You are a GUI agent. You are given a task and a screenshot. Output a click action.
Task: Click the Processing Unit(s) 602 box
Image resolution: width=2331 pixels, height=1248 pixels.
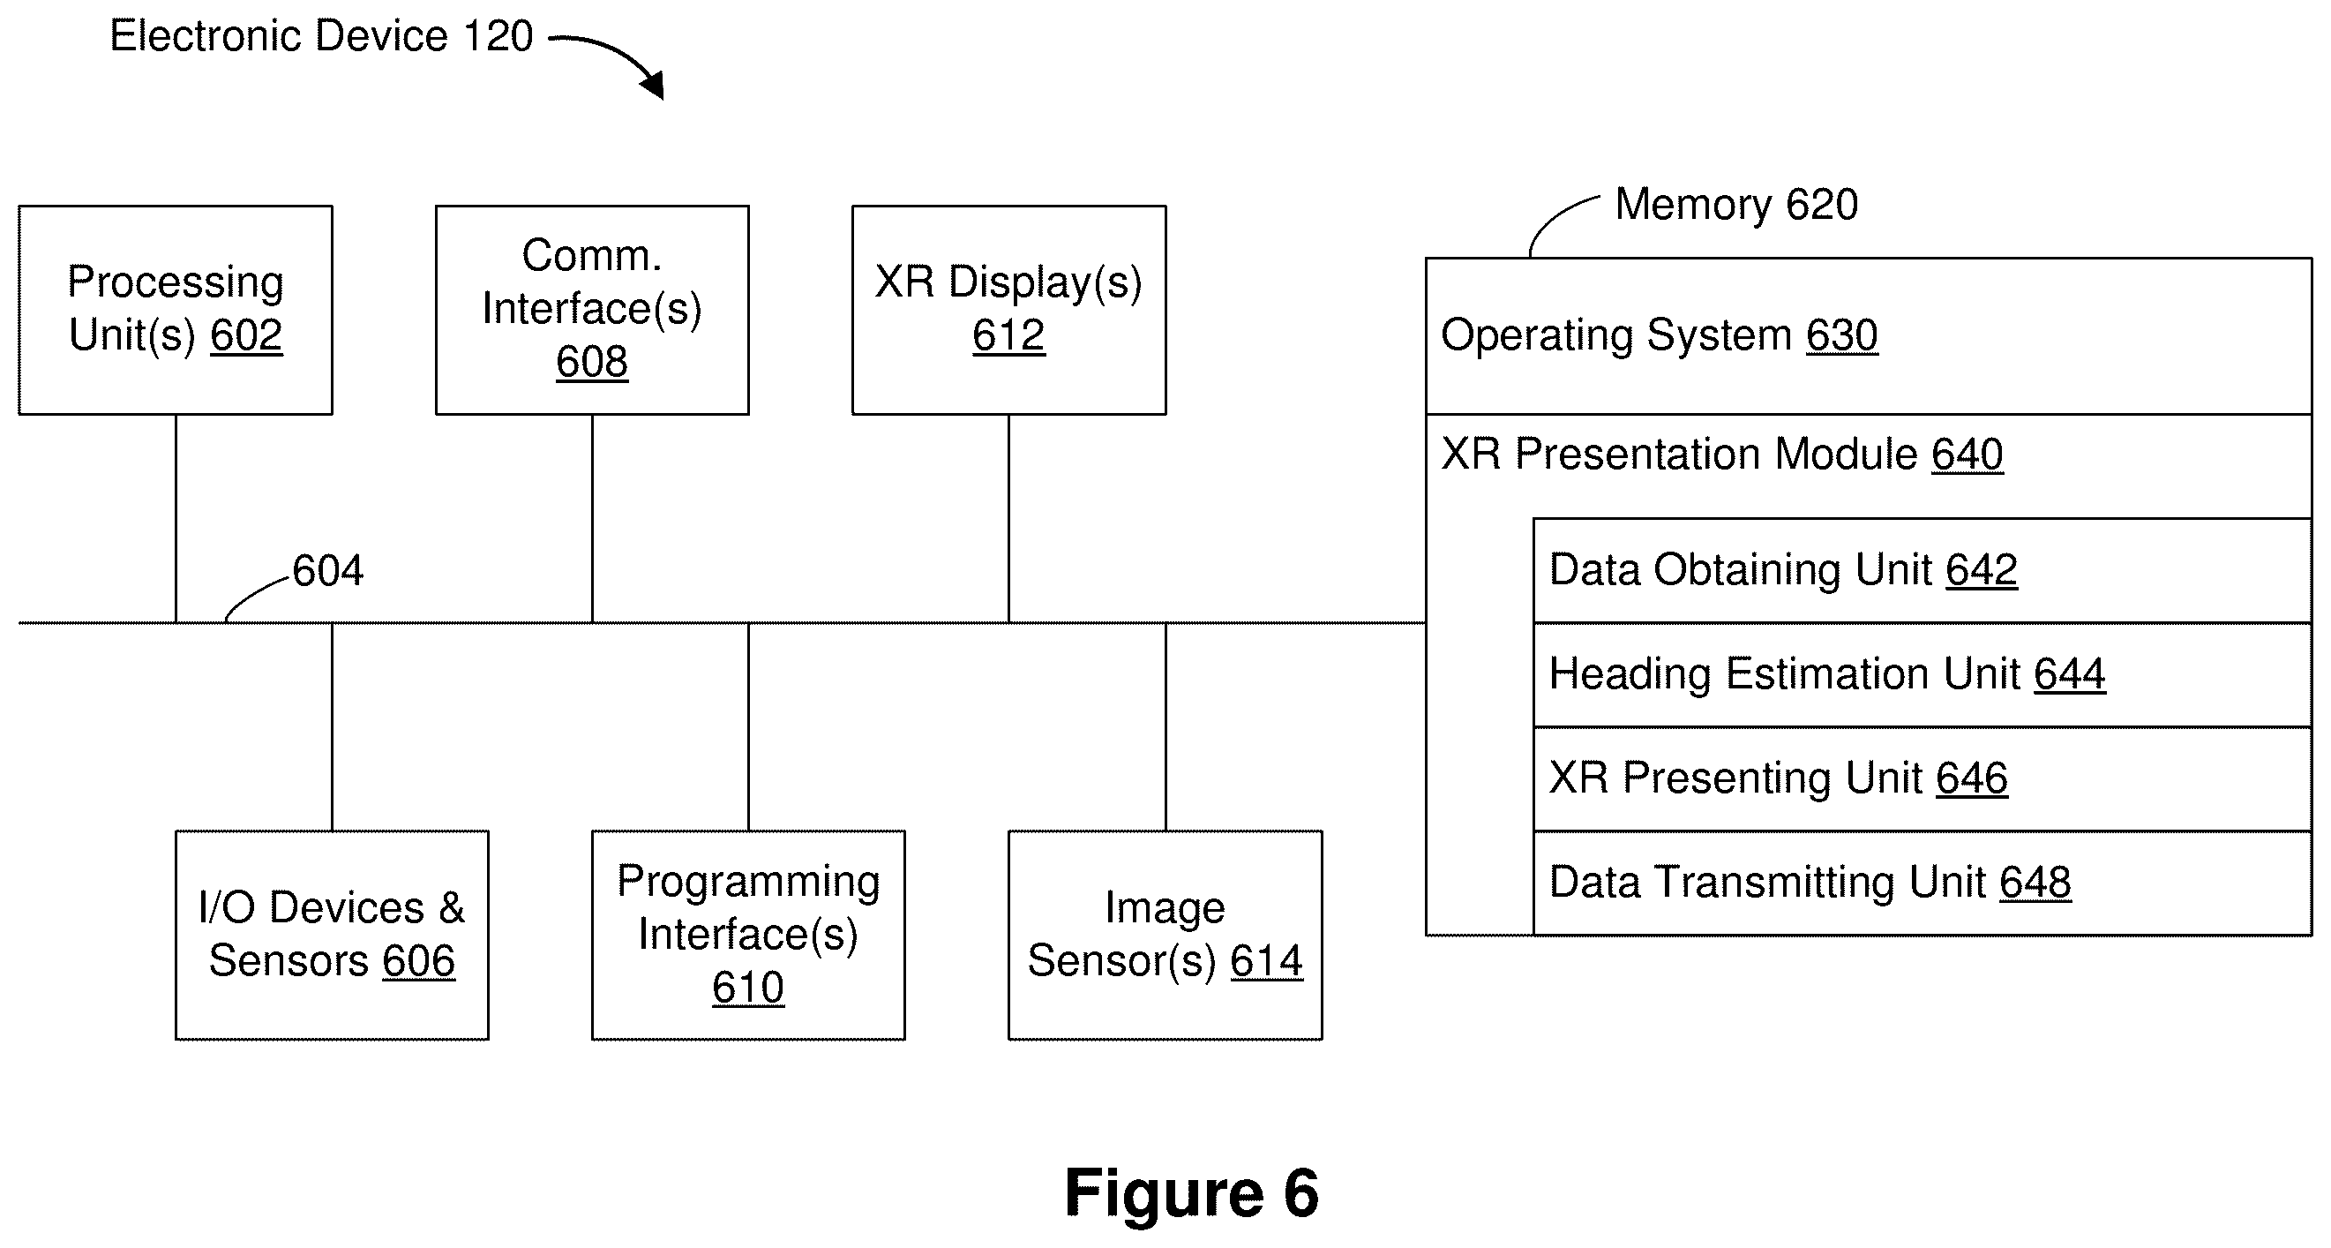pyautogui.click(x=176, y=311)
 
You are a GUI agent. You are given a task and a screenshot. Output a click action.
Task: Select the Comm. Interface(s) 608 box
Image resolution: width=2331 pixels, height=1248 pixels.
pyautogui.click(x=593, y=311)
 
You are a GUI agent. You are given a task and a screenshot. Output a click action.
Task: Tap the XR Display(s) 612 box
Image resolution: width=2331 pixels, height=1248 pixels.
pyautogui.click(x=1009, y=311)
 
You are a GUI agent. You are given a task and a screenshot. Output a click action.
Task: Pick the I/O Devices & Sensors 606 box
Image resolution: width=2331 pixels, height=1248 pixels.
pyautogui.click(x=332, y=935)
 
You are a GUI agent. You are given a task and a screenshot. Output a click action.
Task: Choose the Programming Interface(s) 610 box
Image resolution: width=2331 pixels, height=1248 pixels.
pyautogui.click(x=748, y=935)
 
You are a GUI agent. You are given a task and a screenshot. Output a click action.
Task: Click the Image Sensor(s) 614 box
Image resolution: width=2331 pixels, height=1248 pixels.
pyautogui.click(x=1165, y=935)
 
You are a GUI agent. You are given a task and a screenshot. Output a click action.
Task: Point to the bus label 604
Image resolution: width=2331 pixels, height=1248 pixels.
pyautogui.click(x=327, y=571)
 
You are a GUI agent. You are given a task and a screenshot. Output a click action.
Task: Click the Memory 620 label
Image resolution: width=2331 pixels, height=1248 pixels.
pyautogui.click(x=1736, y=205)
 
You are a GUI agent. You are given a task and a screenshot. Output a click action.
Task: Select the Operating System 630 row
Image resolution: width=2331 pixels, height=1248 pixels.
pyautogui.click(x=1869, y=335)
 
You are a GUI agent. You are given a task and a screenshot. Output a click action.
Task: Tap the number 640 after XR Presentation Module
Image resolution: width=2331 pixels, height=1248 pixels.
pyautogui.click(x=1967, y=455)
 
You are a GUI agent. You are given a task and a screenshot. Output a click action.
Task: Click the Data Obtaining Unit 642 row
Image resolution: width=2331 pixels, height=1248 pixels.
pyautogui.click(x=1923, y=570)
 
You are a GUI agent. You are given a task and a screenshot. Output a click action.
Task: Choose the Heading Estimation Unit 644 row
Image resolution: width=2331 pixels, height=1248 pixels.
pyautogui.click(x=1923, y=674)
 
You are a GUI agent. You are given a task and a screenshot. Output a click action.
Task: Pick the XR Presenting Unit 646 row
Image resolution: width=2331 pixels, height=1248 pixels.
pyautogui.click(x=1923, y=778)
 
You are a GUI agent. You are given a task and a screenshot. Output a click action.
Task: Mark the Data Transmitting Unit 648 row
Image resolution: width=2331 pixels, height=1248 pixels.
pyautogui.click(x=1923, y=883)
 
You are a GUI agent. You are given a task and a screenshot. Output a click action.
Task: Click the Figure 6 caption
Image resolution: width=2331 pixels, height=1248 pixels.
pyautogui.click(x=1192, y=1192)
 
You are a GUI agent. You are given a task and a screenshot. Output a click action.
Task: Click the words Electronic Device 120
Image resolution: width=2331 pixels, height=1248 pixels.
pyautogui.click(x=321, y=36)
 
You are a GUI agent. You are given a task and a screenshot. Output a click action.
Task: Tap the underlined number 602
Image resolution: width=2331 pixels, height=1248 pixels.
pyautogui.click(x=246, y=335)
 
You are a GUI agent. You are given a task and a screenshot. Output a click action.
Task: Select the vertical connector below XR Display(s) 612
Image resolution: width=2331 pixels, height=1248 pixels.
pyautogui.click(x=1009, y=519)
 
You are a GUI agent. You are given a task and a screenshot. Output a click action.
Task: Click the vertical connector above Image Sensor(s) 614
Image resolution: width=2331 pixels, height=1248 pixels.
pyautogui.click(x=1165, y=726)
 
